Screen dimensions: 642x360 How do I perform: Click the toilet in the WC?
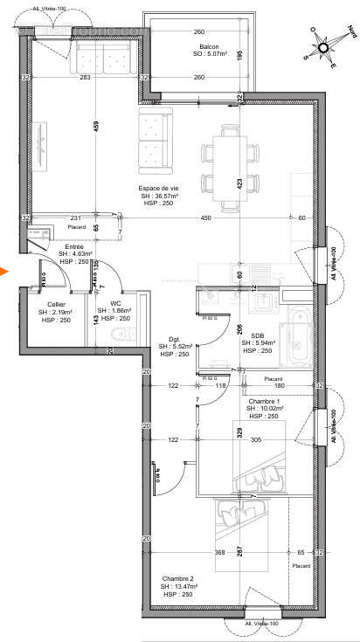pos(117,335)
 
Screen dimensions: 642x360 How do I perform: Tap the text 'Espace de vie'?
pos(159,188)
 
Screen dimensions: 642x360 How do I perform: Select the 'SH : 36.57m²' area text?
pos(159,196)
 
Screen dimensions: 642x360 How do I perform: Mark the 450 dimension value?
pos(205,217)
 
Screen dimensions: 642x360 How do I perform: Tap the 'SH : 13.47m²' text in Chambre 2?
pos(182,586)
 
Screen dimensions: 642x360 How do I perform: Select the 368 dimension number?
pos(220,553)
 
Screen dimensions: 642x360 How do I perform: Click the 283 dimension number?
pos(85,78)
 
